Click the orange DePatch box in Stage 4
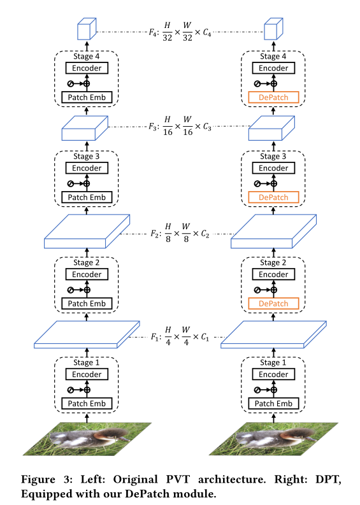pyautogui.click(x=273, y=97)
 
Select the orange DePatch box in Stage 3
pyautogui.click(x=273, y=197)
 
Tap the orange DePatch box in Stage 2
pyautogui.click(x=273, y=304)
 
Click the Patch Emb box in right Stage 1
pyautogui.click(x=273, y=403)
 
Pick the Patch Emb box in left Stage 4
pyautogui.click(x=86, y=97)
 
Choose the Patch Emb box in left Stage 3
pyautogui.click(x=86, y=197)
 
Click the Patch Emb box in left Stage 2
pyautogui.click(x=86, y=304)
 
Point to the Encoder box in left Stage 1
pyautogui.click(x=86, y=374)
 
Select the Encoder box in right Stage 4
pyautogui.click(x=273, y=68)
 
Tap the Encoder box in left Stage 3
pyautogui.click(x=86, y=168)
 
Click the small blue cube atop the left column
pyautogui.click(x=85, y=29)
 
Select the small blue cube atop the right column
pyautogui.click(x=273, y=29)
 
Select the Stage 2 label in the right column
pyautogui.click(x=273, y=262)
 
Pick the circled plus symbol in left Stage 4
pyautogui.click(x=87, y=83)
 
